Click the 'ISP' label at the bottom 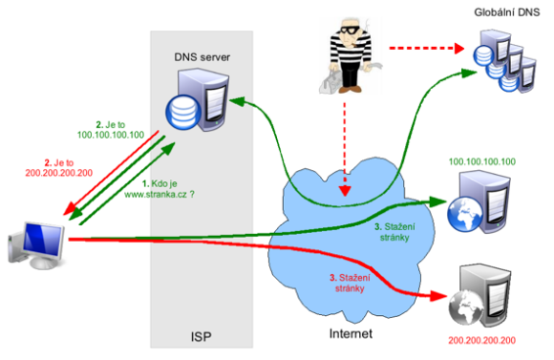point(201,337)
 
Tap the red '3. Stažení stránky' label point(347,283)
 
